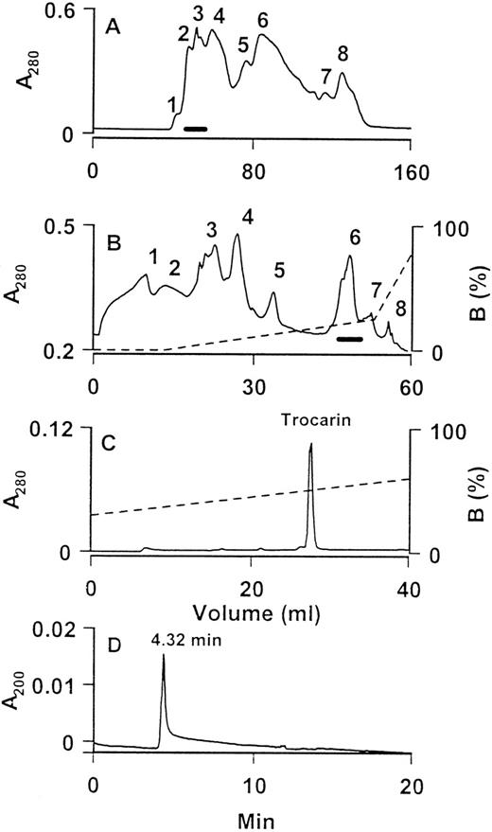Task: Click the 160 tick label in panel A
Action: pos(409,173)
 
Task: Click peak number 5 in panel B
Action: pos(278,271)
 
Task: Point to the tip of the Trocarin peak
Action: pos(309,443)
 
